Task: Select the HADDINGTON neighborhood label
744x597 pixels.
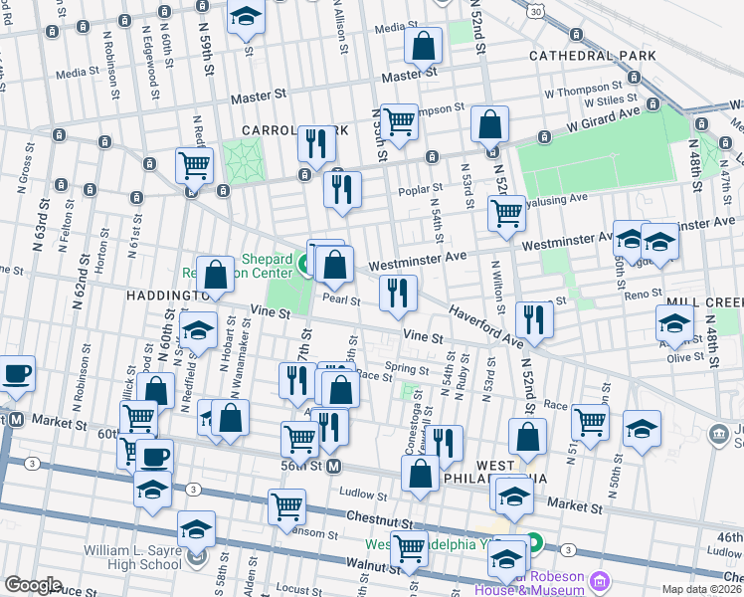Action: pyautogui.click(x=165, y=296)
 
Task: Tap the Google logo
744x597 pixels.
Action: pyautogui.click(x=34, y=585)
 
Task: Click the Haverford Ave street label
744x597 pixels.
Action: pyautogui.click(x=485, y=327)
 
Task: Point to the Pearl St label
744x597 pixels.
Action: pyautogui.click(x=340, y=299)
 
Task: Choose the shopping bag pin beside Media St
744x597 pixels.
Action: pyautogui.click(x=424, y=46)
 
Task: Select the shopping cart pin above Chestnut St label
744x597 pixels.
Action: pyautogui.click(x=286, y=506)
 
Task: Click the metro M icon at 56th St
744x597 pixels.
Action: pyautogui.click(x=335, y=466)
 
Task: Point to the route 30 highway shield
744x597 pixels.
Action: pyautogui.click(x=536, y=11)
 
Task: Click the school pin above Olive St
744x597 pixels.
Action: pyautogui.click(x=674, y=323)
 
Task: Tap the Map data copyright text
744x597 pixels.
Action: pyautogui.click(x=702, y=589)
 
